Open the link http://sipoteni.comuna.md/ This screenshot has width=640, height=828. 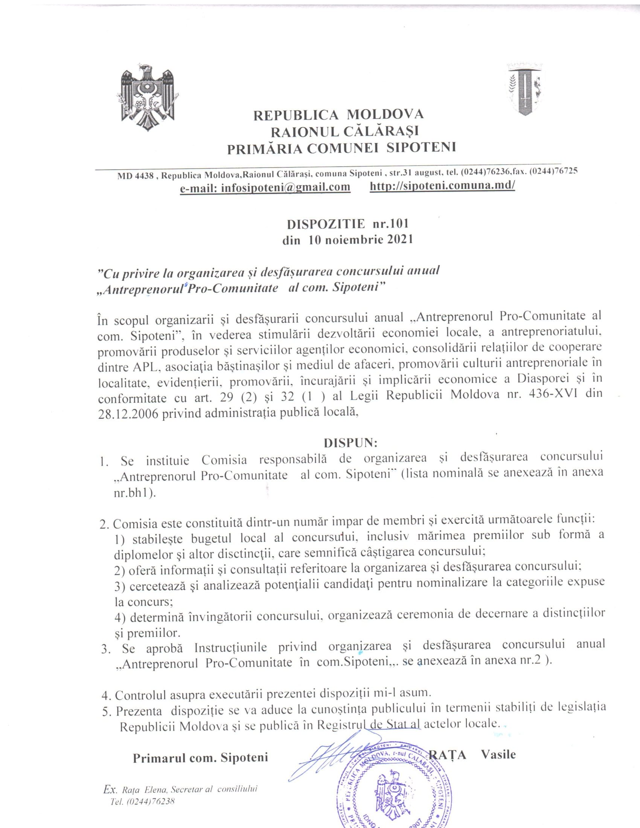point(442,186)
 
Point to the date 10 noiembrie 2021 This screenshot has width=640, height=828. point(361,240)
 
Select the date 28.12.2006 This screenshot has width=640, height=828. point(128,413)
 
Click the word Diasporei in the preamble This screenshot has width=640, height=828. point(546,379)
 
